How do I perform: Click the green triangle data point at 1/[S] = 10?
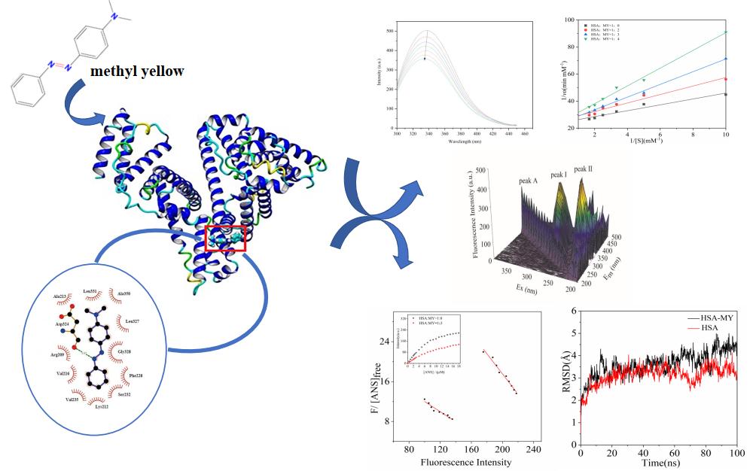tap(725, 32)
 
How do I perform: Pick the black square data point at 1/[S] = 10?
tap(725, 94)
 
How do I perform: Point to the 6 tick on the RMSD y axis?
tap(575, 310)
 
